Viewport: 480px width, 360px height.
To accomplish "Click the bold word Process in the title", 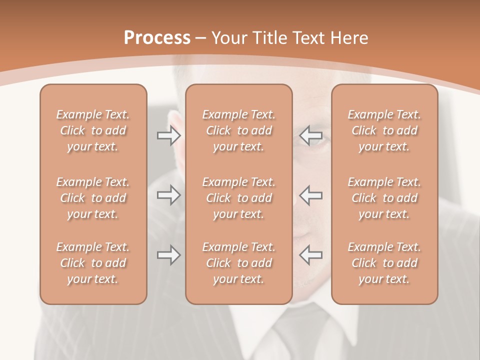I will click(157, 38).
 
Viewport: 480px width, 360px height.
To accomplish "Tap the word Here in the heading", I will click(348, 38).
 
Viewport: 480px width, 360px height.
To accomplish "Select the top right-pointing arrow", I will click(168, 135).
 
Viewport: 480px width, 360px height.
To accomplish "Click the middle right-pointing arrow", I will click(168, 195).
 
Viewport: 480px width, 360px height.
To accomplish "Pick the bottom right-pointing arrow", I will click(168, 255).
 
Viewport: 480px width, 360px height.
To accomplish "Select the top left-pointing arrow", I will click(311, 135).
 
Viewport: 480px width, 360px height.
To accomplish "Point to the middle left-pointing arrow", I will click(311, 195).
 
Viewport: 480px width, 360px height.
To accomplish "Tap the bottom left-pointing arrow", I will click(311, 254).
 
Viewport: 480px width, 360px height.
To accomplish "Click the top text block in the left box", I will click(93, 130).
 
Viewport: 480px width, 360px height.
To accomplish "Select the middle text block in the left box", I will click(93, 198).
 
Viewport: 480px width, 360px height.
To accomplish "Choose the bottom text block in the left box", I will click(93, 263).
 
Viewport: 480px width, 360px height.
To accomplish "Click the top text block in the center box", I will click(239, 130).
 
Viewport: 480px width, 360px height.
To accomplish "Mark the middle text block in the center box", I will click(239, 198).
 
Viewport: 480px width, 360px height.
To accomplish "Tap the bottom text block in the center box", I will click(239, 263).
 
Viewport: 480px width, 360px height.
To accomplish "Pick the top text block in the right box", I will click(384, 130).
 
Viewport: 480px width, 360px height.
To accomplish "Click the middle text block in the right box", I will click(384, 198).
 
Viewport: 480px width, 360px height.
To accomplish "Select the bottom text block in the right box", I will click(384, 263).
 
